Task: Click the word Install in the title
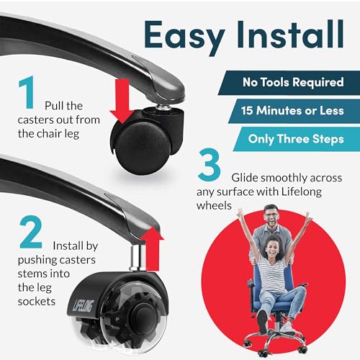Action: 291,34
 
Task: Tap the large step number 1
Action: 27,92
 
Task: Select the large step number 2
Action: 31,232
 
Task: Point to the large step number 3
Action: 210,164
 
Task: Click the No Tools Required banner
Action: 289,83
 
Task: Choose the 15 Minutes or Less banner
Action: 294,111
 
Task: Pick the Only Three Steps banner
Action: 297,139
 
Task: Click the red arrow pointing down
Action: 122,102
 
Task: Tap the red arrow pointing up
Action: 152,249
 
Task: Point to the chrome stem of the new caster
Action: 138,257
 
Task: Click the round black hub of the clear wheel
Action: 140,317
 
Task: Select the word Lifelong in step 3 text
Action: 302,192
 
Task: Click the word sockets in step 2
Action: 37,302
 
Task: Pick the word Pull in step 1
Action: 54,106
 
